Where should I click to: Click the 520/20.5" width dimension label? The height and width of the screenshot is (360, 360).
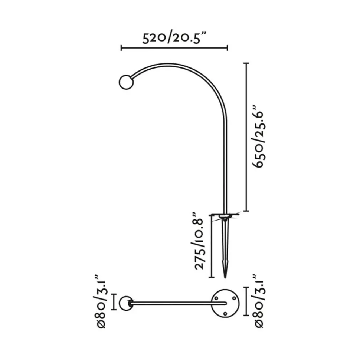tap(174, 37)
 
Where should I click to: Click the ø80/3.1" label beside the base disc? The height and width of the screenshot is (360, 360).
tap(259, 301)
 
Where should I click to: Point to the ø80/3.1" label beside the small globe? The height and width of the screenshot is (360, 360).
tap(101, 301)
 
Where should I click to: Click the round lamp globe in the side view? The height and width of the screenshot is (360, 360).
tap(125, 82)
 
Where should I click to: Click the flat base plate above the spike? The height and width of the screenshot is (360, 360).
tap(225, 215)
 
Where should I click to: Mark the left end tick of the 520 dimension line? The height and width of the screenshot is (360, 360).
tap(121, 48)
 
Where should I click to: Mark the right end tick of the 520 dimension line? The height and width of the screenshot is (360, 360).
tap(228, 48)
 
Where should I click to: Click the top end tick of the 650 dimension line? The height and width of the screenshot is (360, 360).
tap(246, 63)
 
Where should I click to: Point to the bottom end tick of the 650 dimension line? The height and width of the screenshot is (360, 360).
tap(246, 211)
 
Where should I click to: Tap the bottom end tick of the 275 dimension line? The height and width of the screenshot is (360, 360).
tap(211, 277)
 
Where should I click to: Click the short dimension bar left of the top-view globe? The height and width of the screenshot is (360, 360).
tap(114, 303)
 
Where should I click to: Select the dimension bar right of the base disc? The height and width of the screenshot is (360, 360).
tap(245, 301)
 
